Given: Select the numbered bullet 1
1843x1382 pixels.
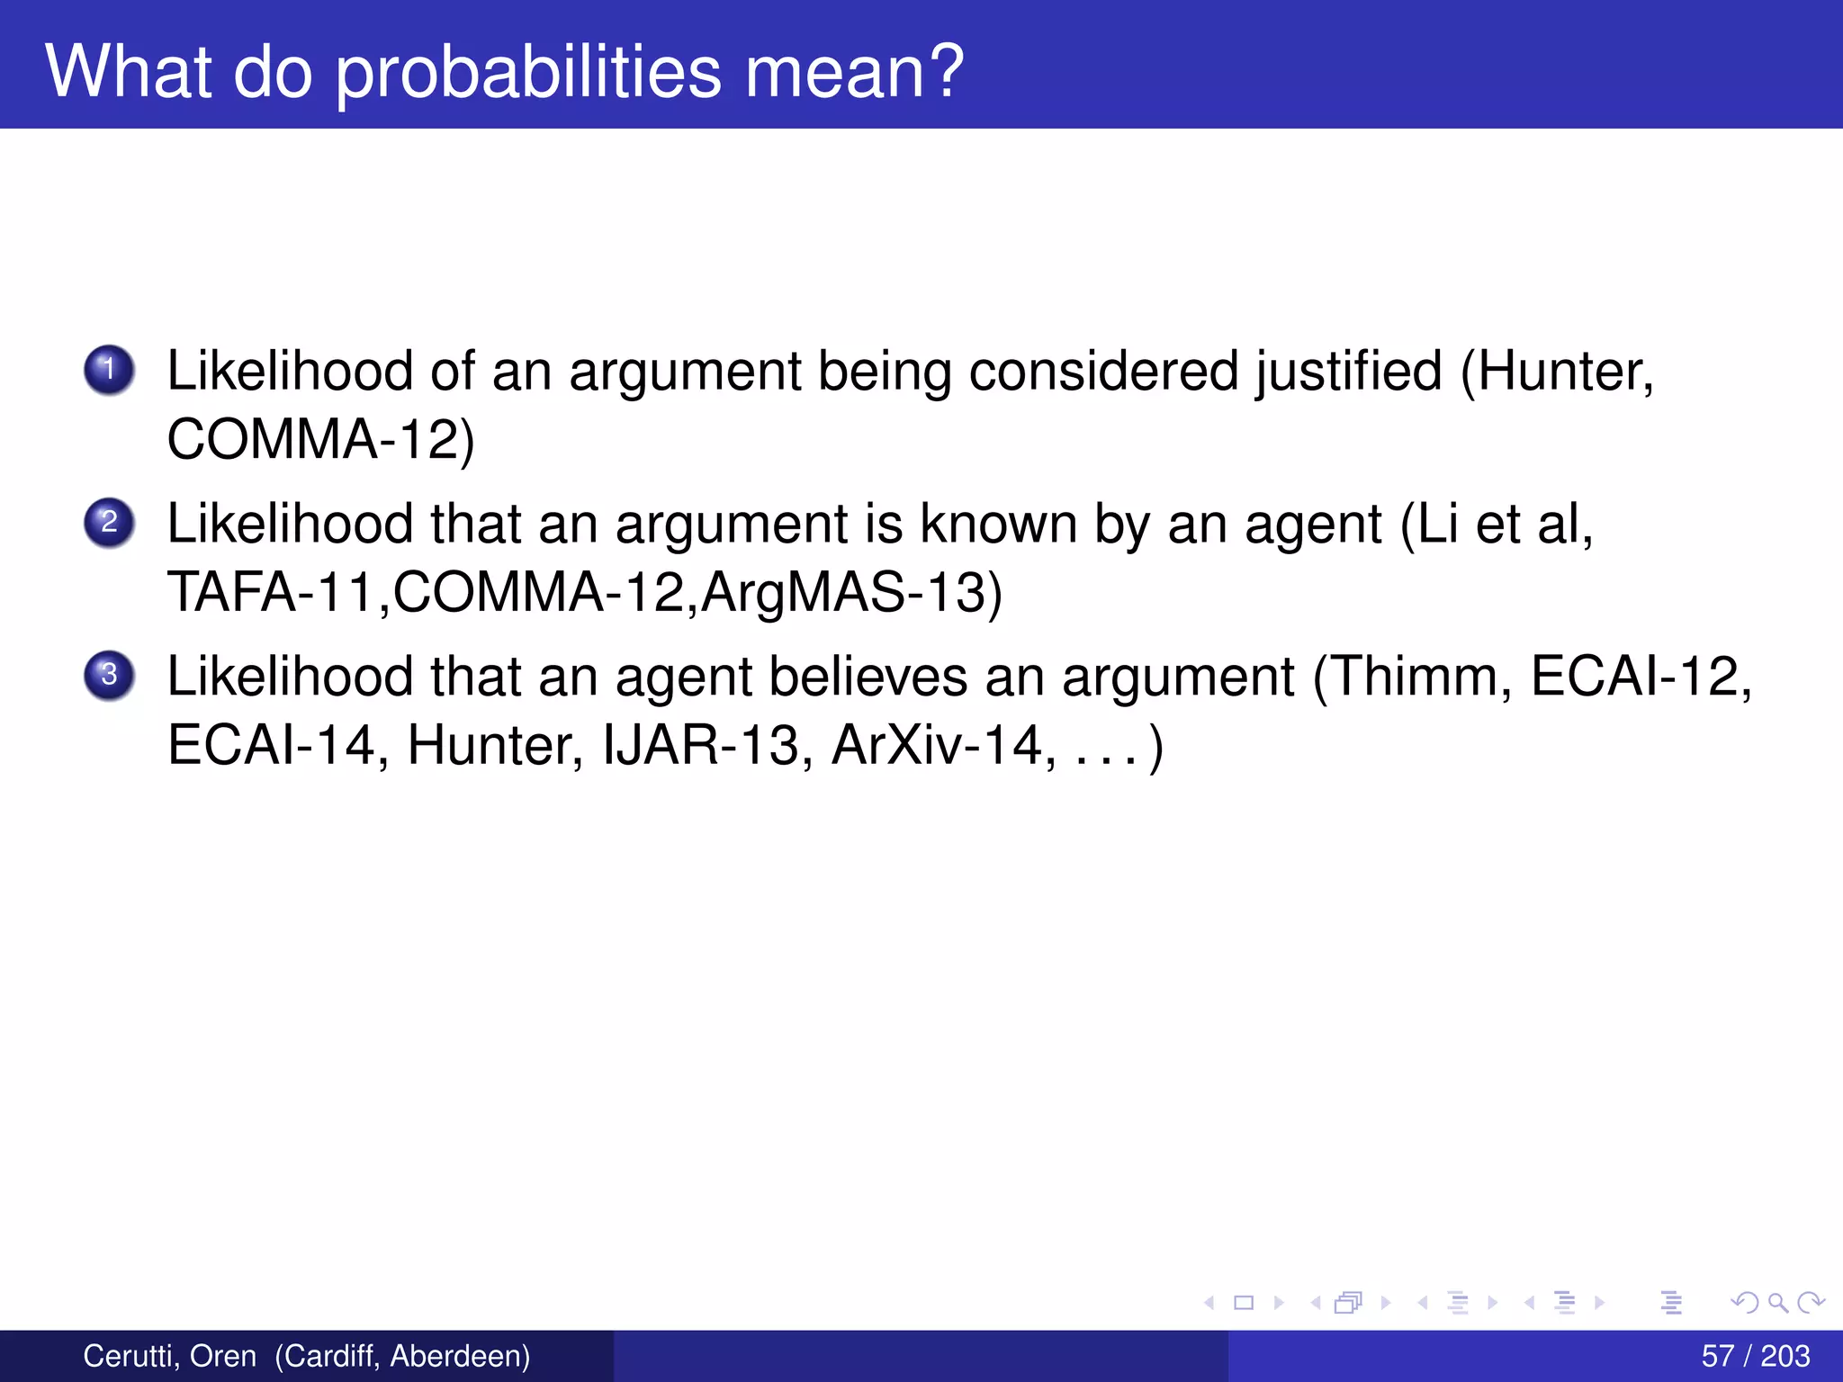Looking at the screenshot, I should point(109,370).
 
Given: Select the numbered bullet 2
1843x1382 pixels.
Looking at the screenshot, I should point(109,523).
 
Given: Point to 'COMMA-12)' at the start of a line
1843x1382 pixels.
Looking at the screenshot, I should point(320,440).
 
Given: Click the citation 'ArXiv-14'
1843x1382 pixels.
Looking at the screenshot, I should point(936,746).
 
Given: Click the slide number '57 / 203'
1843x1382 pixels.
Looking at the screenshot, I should point(1755,1356).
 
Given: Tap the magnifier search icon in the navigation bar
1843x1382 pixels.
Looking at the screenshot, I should point(1778,1303).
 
